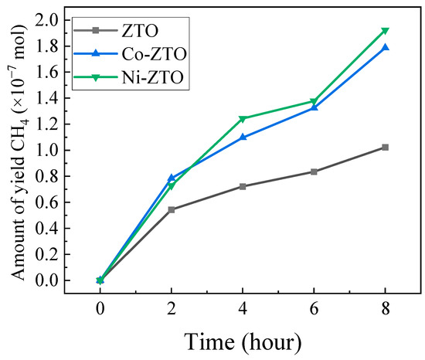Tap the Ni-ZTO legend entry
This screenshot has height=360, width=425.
(108, 76)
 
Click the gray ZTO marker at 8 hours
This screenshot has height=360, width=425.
(385, 147)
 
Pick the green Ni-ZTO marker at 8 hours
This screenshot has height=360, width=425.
(385, 31)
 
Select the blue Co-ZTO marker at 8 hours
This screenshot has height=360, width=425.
(385, 47)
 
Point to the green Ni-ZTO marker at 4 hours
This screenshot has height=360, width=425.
(243, 119)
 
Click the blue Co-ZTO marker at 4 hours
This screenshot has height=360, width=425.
(243, 137)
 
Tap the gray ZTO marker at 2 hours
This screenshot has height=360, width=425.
(172, 209)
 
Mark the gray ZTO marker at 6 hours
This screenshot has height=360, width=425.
(314, 172)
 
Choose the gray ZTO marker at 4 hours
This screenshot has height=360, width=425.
(243, 186)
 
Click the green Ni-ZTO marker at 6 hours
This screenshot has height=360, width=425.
(314, 102)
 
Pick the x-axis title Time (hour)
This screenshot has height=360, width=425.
(242, 339)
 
